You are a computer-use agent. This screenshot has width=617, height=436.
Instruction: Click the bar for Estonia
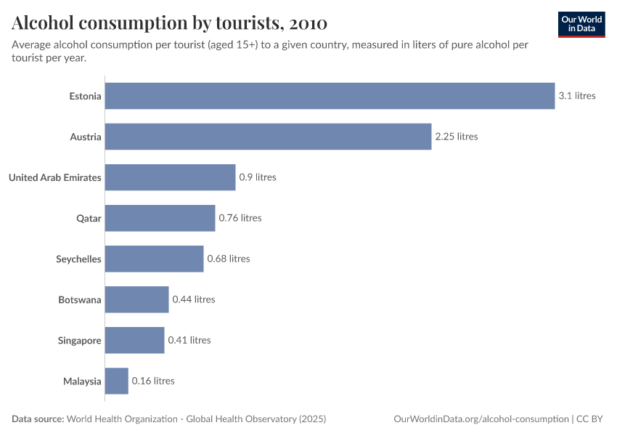click(330, 96)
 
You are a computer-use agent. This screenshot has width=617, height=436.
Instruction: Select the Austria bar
click(268, 137)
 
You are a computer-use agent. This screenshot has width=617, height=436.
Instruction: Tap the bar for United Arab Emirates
click(170, 177)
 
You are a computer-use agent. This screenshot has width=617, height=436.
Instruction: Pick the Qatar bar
click(160, 218)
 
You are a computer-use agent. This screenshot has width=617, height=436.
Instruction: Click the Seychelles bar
click(154, 259)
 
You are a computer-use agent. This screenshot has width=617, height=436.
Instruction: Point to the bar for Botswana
click(136, 299)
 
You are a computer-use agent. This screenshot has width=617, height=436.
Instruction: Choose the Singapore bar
click(134, 340)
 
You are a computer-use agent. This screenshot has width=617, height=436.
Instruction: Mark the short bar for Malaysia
click(116, 381)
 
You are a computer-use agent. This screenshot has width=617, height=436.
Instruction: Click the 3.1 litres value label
click(576, 96)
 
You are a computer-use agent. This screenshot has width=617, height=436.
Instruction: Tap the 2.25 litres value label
click(456, 137)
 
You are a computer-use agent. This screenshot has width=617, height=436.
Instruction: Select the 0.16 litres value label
click(153, 381)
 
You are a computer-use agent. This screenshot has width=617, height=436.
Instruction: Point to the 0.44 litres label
click(194, 299)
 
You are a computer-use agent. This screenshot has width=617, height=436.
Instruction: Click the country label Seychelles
click(78, 259)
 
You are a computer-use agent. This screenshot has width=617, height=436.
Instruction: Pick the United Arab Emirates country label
click(54, 177)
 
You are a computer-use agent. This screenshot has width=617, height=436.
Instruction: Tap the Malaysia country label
click(82, 381)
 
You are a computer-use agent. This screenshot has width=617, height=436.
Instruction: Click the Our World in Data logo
click(581, 24)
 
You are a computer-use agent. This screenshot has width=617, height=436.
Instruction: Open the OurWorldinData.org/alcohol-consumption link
click(481, 419)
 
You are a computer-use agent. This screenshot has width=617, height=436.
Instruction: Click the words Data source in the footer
click(38, 419)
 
